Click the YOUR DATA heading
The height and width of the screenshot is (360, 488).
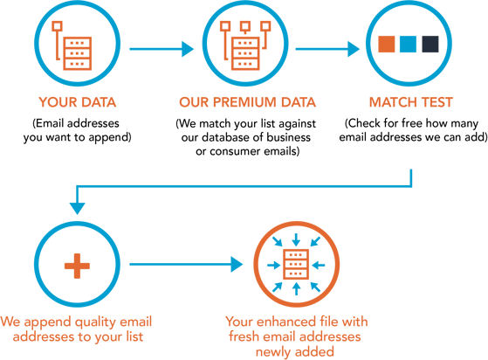[x=76, y=100]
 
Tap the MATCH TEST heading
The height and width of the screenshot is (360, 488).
[x=411, y=100]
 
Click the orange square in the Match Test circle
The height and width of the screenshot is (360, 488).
[x=387, y=43]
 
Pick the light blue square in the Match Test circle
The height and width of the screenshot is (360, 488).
[x=409, y=43]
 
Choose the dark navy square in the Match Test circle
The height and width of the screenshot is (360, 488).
[x=430, y=43]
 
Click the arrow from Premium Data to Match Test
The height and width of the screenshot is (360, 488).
[x=327, y=49]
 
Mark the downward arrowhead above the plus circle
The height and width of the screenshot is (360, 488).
[x=77, y=208]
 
